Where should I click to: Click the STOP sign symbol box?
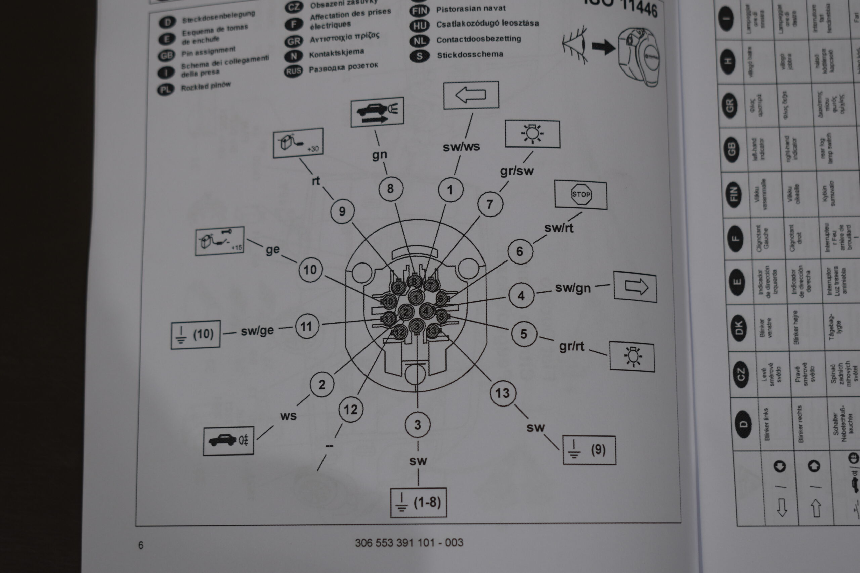pyautogui.click(x=580, y=194)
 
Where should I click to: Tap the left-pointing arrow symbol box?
pyautogui.click(x=471, y=95)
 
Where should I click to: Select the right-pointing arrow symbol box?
pyautogui.click(x=635, y=287)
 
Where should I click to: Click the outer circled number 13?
pyautogui.click(x=503, y=393)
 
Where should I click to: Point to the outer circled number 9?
pyautogui.click(x=342, y=211)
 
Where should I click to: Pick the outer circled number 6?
pyautogui.click(x=520, y=251)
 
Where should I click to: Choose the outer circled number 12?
pyautogui.click(x=351, y=409)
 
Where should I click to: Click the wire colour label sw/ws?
pyautogui.click(x=461, y=147)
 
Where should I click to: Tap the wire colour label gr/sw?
pyautogui.click(x=517, y=171)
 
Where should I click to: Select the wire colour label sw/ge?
pyautogui.click(x=257, y=330)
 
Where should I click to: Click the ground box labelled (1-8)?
pyautogui.click(x=419, y=503)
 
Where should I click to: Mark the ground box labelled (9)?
pyautogui.click(x=589, y=450)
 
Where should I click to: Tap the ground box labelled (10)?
pyautogui.click(x=196, y=334)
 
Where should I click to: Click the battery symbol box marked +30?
pyautogui.click(x=298, y=143)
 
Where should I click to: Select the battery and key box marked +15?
pyautogui.click(x=219, y=241)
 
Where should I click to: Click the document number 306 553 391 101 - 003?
pyautogui.click(x=409, y=543)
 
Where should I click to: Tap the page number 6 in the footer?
pyautogui.click(x=141, y=545)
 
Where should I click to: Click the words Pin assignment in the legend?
pyautogui.click(x=208, y=52)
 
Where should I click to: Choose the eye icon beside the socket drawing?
pyautogui.click(x=575, y=45)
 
